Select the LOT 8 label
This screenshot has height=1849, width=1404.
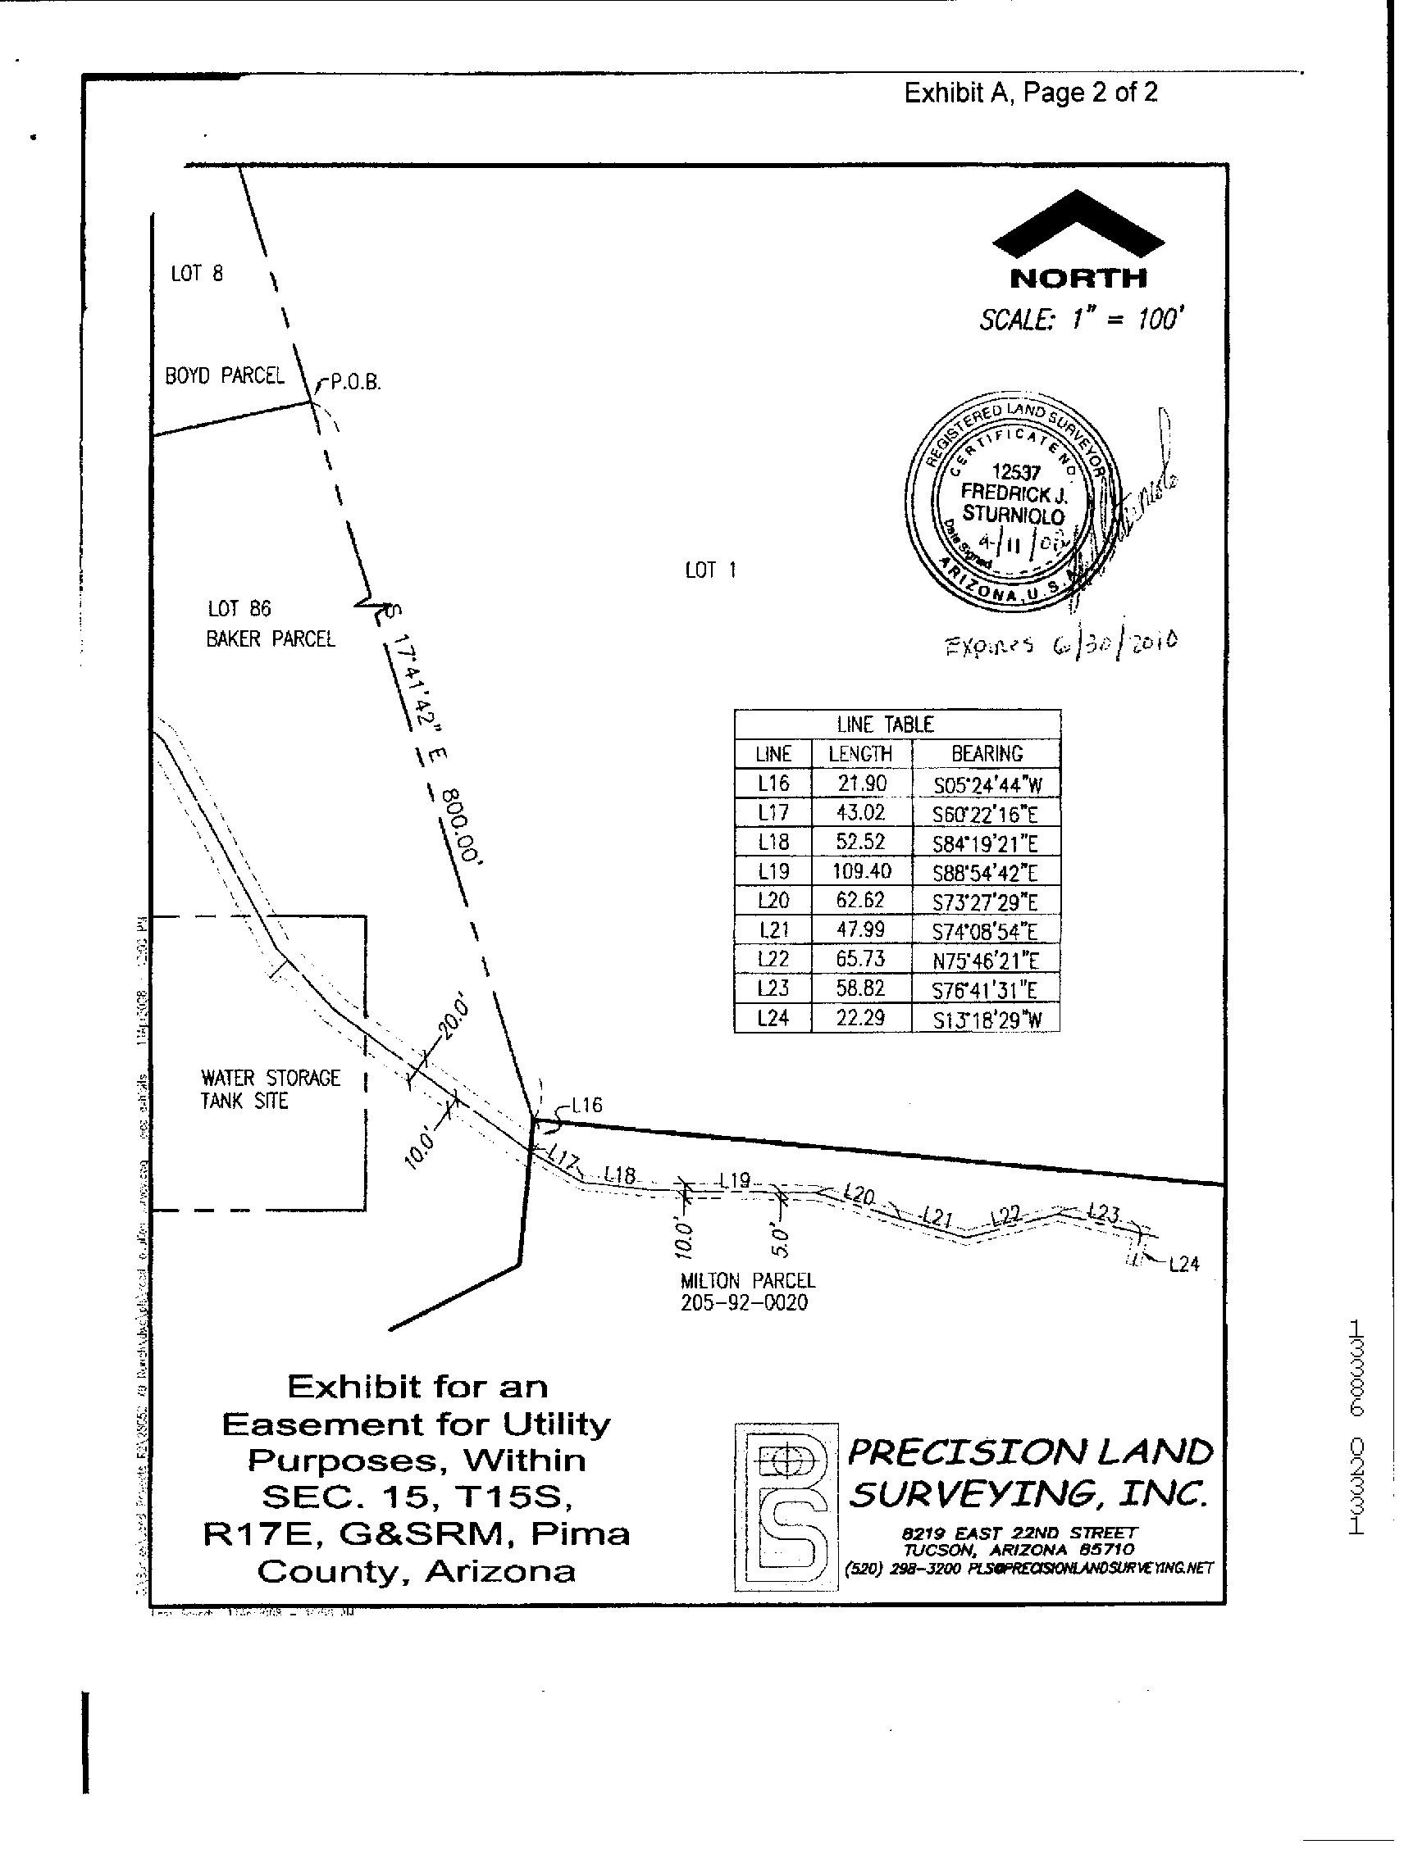coord(197,275)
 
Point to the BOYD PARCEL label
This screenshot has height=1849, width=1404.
coord(224,375)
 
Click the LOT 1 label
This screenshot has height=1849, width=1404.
coord(710,571)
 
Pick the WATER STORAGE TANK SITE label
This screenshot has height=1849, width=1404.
coord(270,1089)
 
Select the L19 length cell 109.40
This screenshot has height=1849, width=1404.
coord(860,871)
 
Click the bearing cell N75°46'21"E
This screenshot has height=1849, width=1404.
coord(986,961)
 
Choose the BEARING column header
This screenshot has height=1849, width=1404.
coord(986,753)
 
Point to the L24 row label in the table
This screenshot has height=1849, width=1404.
coord(773,1018)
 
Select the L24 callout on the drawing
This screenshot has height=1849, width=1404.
coord(1183,1265)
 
